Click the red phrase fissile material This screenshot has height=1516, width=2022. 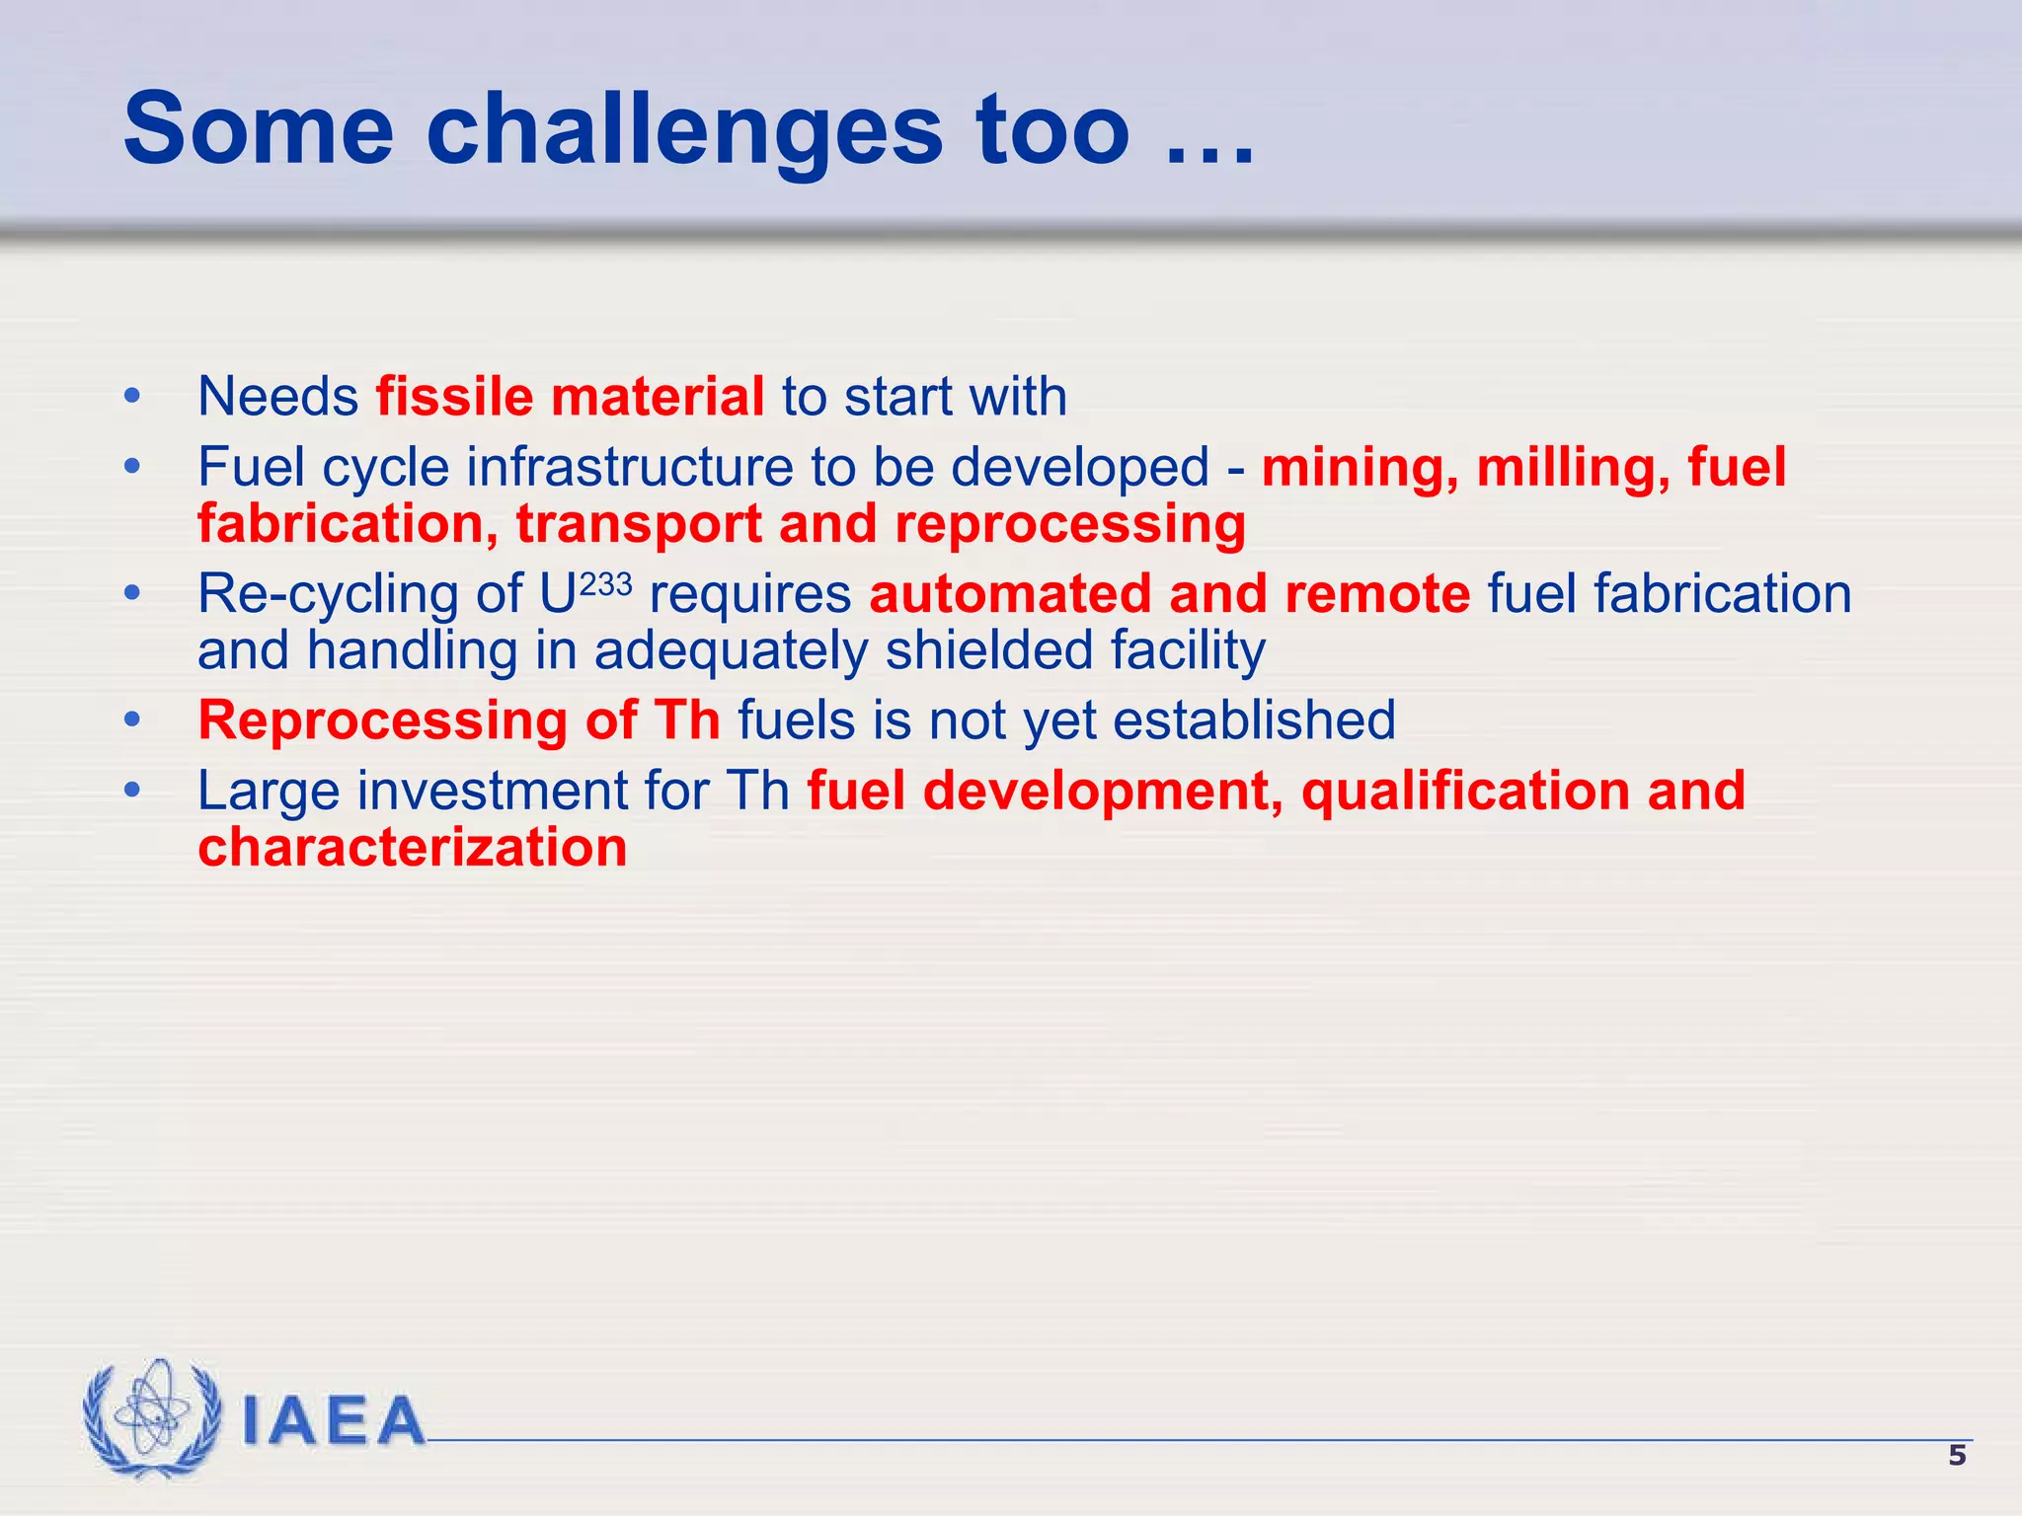tap(570, 397)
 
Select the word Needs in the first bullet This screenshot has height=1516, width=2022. tap(277, 397)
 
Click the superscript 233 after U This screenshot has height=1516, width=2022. tap(605, 584)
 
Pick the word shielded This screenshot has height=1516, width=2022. tap(988, 651)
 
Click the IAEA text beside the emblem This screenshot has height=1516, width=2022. tap(333, 1422)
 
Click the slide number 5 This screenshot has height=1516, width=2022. tap(1956, 1456)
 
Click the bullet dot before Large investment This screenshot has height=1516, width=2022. tap(132, 792)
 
